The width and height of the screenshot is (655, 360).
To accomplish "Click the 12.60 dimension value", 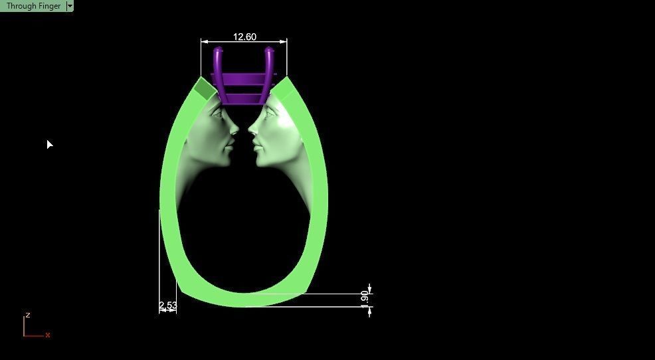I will point(244,37).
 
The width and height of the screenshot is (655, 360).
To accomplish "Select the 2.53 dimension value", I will point(168,306).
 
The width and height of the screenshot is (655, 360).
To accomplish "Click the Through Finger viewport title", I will point(33,6).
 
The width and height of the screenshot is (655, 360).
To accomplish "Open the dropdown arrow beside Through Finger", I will point(70,6).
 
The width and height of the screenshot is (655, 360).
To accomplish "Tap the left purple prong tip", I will point(218,50).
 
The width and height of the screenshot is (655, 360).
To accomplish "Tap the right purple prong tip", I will point(269,50).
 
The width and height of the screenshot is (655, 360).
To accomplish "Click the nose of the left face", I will point(236,129).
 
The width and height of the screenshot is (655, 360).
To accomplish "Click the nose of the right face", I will point(250,129).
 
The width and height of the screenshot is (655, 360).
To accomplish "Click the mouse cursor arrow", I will point(49,144).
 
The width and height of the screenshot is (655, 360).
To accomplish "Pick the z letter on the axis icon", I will point(28,315).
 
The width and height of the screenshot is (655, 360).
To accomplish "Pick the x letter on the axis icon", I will point(48,335).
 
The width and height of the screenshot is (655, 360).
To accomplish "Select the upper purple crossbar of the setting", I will point(244,78).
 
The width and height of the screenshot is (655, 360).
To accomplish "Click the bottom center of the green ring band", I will point(244,300).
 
